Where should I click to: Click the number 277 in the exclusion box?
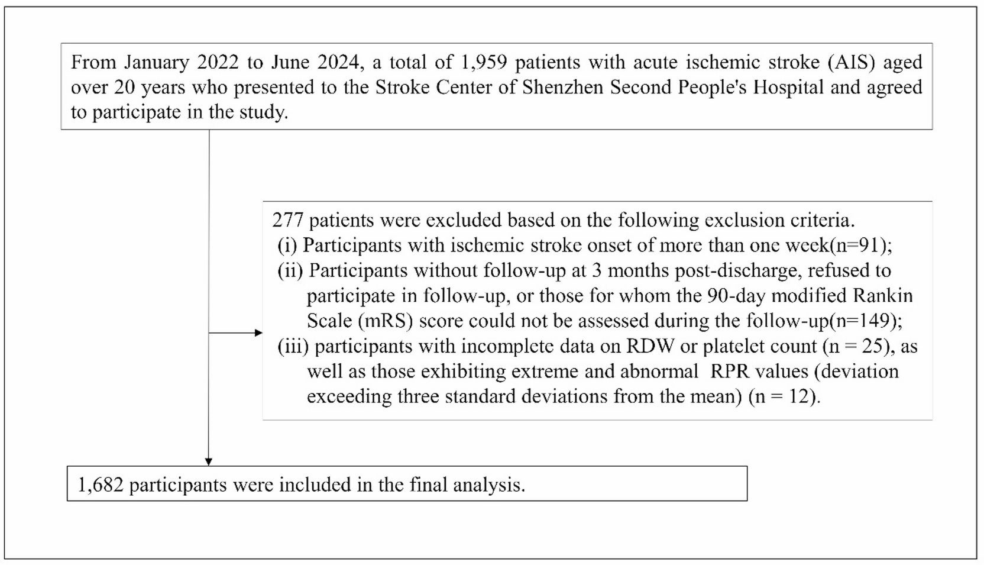pyautogui.click(x=287, y=221)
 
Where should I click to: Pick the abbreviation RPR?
pyautogui.click(x=728, y=372)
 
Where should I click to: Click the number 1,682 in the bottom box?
pyautogui.click(x=101, y=485)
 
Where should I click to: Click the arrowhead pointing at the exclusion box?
pyautogui.click(x=258, y=333)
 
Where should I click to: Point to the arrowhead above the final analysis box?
pyautogui.click(x=209, y=462)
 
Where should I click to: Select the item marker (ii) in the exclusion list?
pyautogui.click(x=290, y=271)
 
